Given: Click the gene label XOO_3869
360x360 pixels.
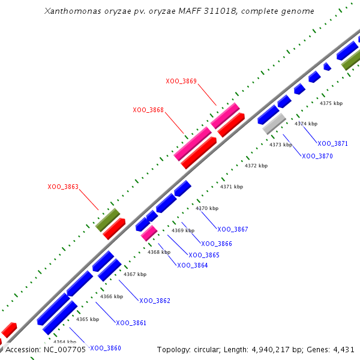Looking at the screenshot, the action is (x=181, y=81).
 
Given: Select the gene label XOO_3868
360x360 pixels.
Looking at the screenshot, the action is (x=148, y=110).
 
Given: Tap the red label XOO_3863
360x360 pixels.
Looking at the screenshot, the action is (x=63, y=187).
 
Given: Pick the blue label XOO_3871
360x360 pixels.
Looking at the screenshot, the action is (x=332, y=143).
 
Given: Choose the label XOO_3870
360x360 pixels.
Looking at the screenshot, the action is (x=317, y=156).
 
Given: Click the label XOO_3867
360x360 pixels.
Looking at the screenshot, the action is (x=233, y=229).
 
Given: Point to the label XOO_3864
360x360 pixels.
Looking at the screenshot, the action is (x=192, y=265).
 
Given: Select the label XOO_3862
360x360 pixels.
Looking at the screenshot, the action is (x=155, y=301).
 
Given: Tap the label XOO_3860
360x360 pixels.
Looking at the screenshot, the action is (x=106, y=348).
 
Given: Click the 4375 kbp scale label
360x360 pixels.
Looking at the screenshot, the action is (x=331, y=103).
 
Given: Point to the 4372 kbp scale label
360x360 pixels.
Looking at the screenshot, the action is (x=256, y=166).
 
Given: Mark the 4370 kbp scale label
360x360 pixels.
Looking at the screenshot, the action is (x=207, y=208).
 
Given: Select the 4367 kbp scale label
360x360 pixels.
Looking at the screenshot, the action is (x=135, y=274).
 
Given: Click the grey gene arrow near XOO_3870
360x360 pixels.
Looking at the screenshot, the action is (x=274, y=124).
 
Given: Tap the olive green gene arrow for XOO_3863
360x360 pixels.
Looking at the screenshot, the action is (x=108, y=217).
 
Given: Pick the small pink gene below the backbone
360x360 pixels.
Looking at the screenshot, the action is (x=149, y=233).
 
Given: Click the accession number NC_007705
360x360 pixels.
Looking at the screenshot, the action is (x=65, y=349).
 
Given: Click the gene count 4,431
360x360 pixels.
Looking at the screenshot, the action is (x=343, y=349).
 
